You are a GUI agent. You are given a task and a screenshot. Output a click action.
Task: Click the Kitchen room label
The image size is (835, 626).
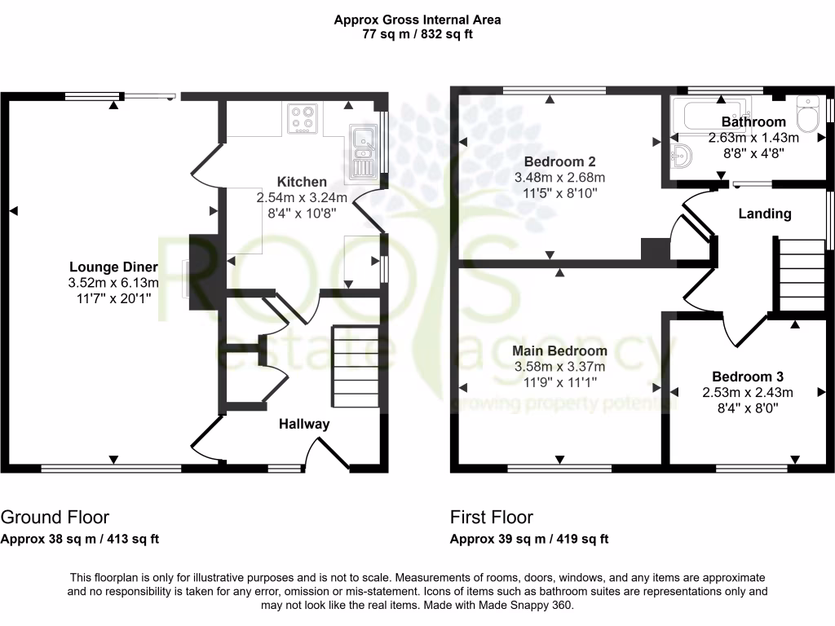point(302,182)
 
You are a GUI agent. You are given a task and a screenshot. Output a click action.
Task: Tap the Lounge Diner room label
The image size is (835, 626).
point(113,267)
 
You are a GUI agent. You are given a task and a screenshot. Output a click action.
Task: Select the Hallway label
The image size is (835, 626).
point(304,424)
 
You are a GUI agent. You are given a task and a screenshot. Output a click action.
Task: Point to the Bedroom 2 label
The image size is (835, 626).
point(559,161)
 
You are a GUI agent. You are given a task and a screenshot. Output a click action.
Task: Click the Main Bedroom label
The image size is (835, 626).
point(559,350)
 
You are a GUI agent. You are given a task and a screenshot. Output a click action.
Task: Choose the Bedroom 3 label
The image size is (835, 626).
point(748,377)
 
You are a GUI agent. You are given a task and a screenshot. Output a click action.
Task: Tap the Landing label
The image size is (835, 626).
point(764,214)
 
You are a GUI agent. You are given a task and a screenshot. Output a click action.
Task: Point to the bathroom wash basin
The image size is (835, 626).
point(682,155)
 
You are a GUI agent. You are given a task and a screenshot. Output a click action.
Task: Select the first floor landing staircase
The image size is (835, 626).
point(799,275)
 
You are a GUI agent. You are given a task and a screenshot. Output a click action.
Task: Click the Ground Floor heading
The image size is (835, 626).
point(55,517)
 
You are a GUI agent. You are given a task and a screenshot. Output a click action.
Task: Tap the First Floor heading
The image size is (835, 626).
point(492,517)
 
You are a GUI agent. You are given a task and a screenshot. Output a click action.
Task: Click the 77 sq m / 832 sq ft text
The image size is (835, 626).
point(417,34)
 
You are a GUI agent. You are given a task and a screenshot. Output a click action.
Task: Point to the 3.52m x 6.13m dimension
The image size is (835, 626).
point(113,283)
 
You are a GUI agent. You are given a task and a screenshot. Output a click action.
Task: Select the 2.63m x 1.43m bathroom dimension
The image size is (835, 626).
point(753,138)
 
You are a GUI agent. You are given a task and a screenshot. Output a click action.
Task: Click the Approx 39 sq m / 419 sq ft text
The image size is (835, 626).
point(529,539)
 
